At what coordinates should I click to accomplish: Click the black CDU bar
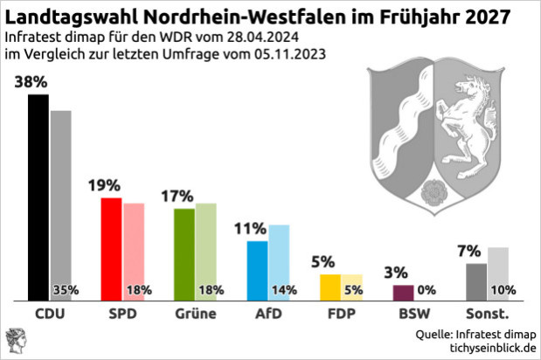[38, 197]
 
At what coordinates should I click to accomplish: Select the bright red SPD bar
[111, 248]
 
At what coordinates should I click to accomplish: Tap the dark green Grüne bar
[184, 253]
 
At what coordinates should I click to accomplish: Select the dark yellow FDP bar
[329, 287]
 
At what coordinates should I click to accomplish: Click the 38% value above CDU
[31, 83]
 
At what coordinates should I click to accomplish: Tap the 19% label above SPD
[104, 186]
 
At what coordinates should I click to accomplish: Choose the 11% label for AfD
[250, 229]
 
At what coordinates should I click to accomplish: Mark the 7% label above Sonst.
[469, 252]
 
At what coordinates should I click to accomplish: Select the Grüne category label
[195, 313]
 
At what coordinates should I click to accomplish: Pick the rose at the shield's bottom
[430, 190]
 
